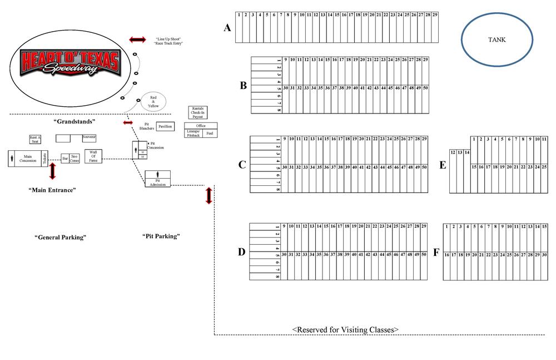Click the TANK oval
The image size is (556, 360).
pos(497,40)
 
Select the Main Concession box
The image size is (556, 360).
pos(28,158)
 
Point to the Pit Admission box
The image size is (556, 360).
pos(157,179)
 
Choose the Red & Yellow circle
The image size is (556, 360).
pos(153,102)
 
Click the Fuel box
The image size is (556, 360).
pos(209,134)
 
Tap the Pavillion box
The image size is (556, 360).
pos(165,127)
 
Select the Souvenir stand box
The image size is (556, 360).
pos(89,137)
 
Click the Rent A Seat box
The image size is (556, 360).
pos(36,139)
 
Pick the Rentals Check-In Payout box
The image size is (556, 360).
pos(198,112)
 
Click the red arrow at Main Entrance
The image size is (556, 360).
pos(53,171)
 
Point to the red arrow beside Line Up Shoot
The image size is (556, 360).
pos(137,40)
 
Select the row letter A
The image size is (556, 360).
pos(227,28)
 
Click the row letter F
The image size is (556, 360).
pos(436,253)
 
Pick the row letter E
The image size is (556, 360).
pos(443,165)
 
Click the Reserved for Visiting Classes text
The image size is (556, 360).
pos(345,329)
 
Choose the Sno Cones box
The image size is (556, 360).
pos(75,159)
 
